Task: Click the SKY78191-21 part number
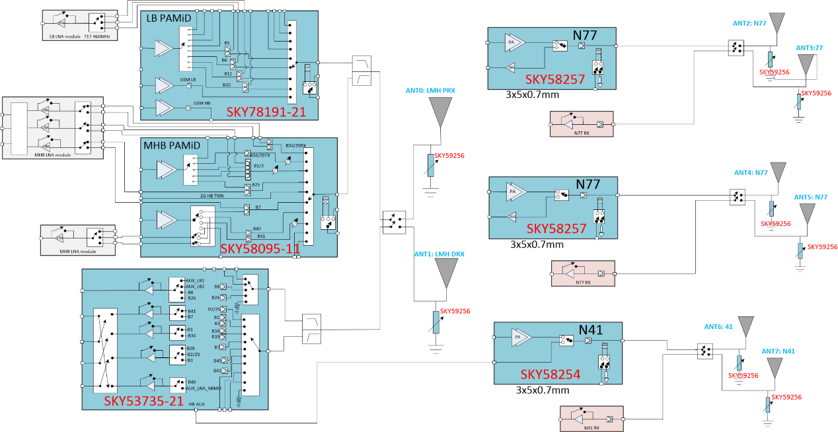pos(266,112)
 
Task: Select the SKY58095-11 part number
pos(260,249)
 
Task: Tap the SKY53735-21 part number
pos(144,401)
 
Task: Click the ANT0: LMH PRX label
pos(432,90)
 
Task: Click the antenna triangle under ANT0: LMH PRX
pos(439,111)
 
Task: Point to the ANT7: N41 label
pos(779,351)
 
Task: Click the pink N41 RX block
pos(587,419)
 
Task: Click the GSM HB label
pos(202,104)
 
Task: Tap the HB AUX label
pos(197,404)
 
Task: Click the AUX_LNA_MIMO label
pos(203,388)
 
